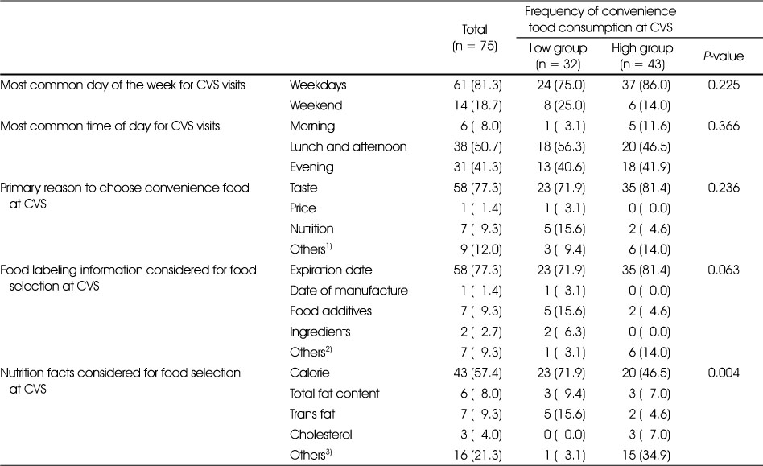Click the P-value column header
click(x=723, y=56)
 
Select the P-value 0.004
click(x=724, y=373)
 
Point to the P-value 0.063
click(x=724, y=270)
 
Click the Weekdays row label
click(x=318, y=85)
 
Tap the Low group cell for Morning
click(x=564, y=126)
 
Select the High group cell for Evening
click(x=645, y=167)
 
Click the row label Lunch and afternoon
click(x=348, y=147)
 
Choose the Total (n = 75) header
click(x=474, y=38)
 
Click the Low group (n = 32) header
click(x=558, y=56)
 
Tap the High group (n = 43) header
click(x=642, y=56)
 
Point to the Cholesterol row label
click(x=320, y=435)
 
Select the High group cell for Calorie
click(x=645, y=373)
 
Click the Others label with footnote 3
click(x=311, y=454)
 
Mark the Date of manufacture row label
click(x=349, y=291)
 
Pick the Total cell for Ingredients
click(x=480, y=332)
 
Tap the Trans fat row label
click(x=312, y=414)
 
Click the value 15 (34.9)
click(x=645, y=456)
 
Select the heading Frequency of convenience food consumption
click(x=600, y=19)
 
